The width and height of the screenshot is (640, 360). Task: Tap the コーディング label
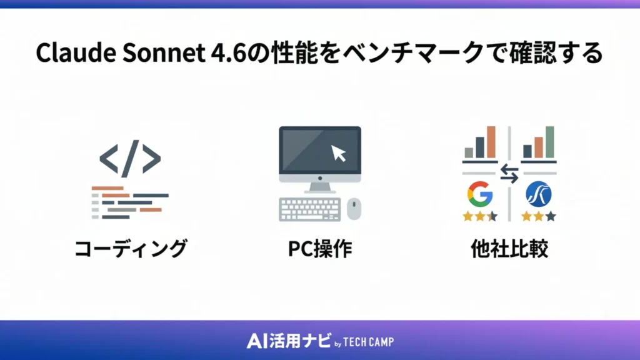point(130,249)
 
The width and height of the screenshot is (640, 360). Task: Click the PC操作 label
point(319,249)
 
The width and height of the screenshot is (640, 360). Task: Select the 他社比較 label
point(509,249)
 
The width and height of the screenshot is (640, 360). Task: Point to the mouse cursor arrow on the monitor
point(339,152)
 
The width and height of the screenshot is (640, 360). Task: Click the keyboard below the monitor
point(310,209)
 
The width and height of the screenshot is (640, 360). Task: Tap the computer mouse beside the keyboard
point(354,209)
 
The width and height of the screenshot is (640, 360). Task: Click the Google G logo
point(479,194)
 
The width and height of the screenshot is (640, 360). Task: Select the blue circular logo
point(538,194)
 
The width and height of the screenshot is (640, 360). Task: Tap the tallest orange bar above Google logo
point(491,142)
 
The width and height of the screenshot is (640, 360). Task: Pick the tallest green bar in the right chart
point(550,142)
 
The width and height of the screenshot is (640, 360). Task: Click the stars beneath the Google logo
point(479,216)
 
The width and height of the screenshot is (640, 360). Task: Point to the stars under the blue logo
point(539,216)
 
